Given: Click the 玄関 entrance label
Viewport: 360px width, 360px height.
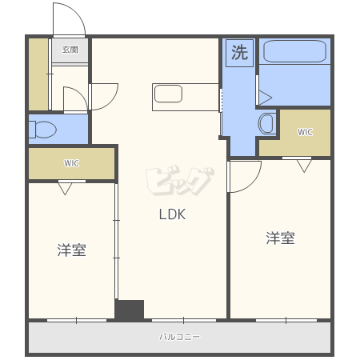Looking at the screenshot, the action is [70, 50].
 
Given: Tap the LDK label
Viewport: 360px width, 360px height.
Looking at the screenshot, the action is [172, 214].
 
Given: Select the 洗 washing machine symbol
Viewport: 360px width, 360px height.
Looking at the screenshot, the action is [239, 53].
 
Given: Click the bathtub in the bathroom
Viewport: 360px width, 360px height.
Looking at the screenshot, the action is [294, 51].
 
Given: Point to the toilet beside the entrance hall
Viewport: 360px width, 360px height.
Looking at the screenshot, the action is [42, 130].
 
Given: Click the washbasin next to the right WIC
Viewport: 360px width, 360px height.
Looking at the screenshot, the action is [267, 123].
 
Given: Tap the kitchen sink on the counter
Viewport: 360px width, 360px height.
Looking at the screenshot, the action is [168, 94].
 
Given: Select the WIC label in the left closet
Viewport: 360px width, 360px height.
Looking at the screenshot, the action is [71, 163].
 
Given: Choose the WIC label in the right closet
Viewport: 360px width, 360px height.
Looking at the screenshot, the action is [305, 132].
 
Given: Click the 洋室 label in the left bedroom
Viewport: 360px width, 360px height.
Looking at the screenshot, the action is [71, 250].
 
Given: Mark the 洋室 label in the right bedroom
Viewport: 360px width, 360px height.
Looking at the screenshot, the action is [280, 238].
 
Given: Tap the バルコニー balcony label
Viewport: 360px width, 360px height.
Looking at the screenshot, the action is [179, 337].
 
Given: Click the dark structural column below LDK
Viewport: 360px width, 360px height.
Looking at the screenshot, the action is [130, 310].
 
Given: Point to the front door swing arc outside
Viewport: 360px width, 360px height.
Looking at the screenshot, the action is [78, 13].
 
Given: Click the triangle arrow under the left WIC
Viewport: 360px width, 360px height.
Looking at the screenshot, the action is [65, 189].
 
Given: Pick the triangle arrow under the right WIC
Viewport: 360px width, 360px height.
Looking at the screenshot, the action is [304, 166].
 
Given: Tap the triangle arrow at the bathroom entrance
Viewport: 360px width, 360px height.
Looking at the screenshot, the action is [266, 98].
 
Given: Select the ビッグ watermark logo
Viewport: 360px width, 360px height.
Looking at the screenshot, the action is [180, 181].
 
